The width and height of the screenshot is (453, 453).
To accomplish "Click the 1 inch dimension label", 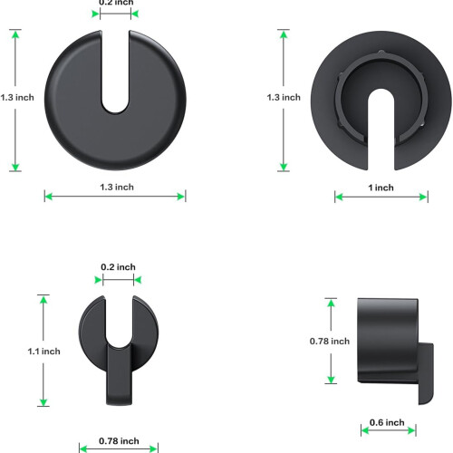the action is (x=381, y=188).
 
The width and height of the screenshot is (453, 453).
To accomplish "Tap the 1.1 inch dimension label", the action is (x=43, y=352).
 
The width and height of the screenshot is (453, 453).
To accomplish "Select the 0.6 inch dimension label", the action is (x=387, y=422).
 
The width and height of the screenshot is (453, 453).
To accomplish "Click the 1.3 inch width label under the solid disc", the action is (x=117, y=187).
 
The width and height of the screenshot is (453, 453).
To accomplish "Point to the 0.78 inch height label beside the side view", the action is (x=330, y=342).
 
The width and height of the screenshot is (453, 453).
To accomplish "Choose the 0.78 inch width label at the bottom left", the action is (x=119, y=441).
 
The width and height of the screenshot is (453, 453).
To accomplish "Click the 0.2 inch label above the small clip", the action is (x=118, y=267).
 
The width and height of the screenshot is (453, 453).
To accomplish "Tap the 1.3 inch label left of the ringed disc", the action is (x=284, y=97).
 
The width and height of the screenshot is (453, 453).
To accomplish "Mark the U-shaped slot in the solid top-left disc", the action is (x=115, y=72).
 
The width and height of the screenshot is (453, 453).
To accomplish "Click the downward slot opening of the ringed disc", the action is (x=381, y=130).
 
